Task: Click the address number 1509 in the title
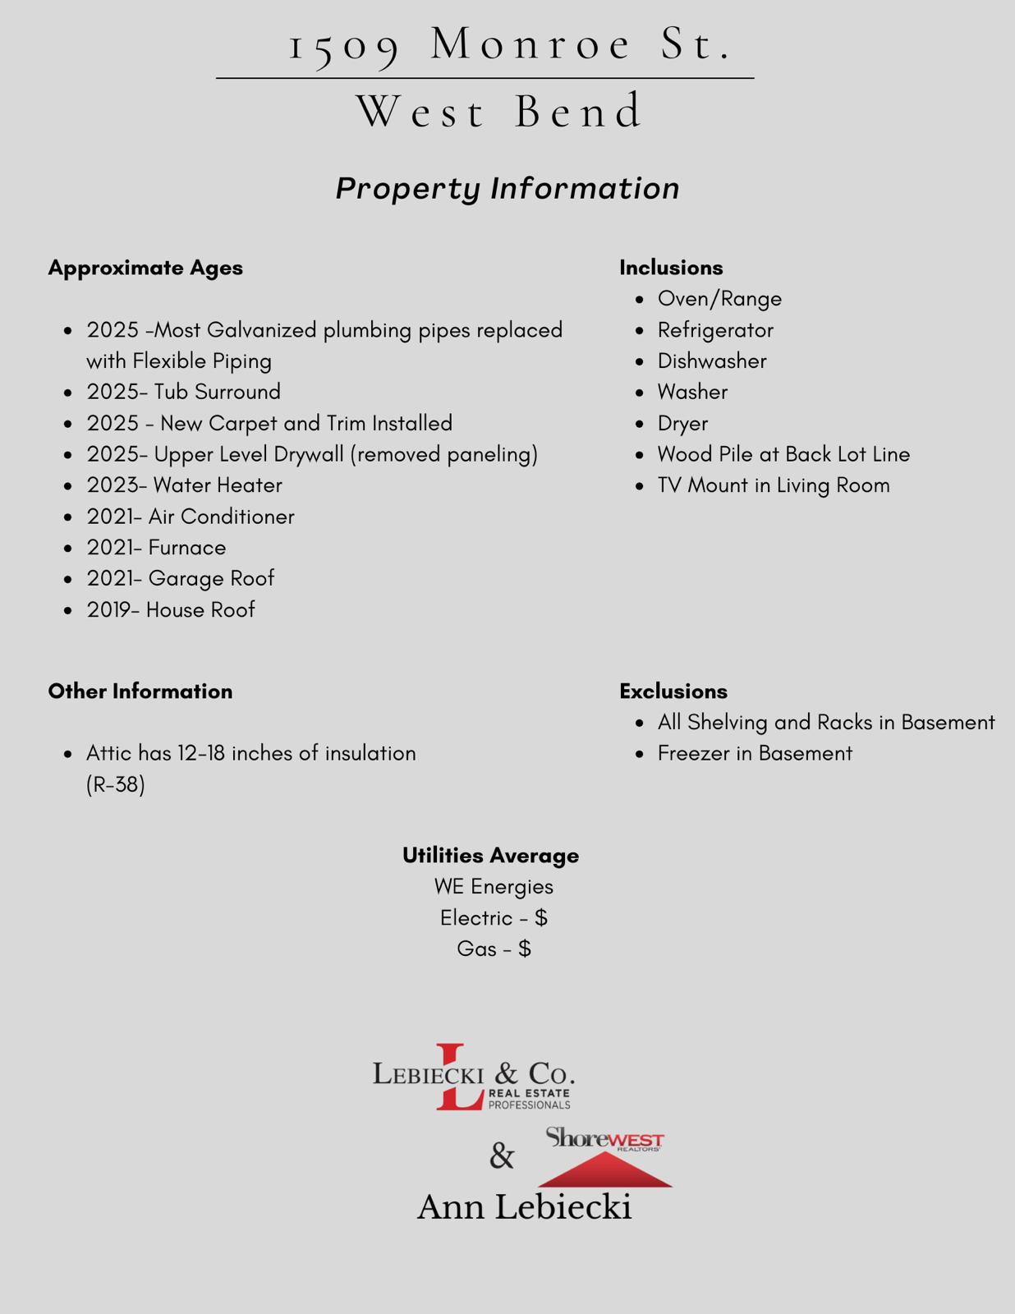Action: (345, 45)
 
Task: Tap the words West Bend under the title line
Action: (500, 111)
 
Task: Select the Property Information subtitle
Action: (507, 188)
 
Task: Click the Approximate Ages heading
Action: (145, 268)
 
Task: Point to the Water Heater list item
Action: (184, 485)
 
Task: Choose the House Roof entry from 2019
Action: (171, 609)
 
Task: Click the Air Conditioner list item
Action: (191, 517)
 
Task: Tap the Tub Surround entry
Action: (184, 392)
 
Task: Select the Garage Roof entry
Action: (181, 578)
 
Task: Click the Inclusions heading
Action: (671, 268)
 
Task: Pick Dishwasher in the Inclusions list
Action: (712, 361)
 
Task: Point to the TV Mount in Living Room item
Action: (774, 485)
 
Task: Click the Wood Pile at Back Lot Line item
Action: (783, 454)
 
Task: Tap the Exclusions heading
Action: (673, 691)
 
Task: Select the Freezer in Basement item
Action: (755, 753)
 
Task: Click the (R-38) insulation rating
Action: (116, 784)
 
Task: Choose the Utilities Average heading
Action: (490, 856)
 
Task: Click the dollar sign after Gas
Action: (525, 949)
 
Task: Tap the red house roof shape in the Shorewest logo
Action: (605, 1169)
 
